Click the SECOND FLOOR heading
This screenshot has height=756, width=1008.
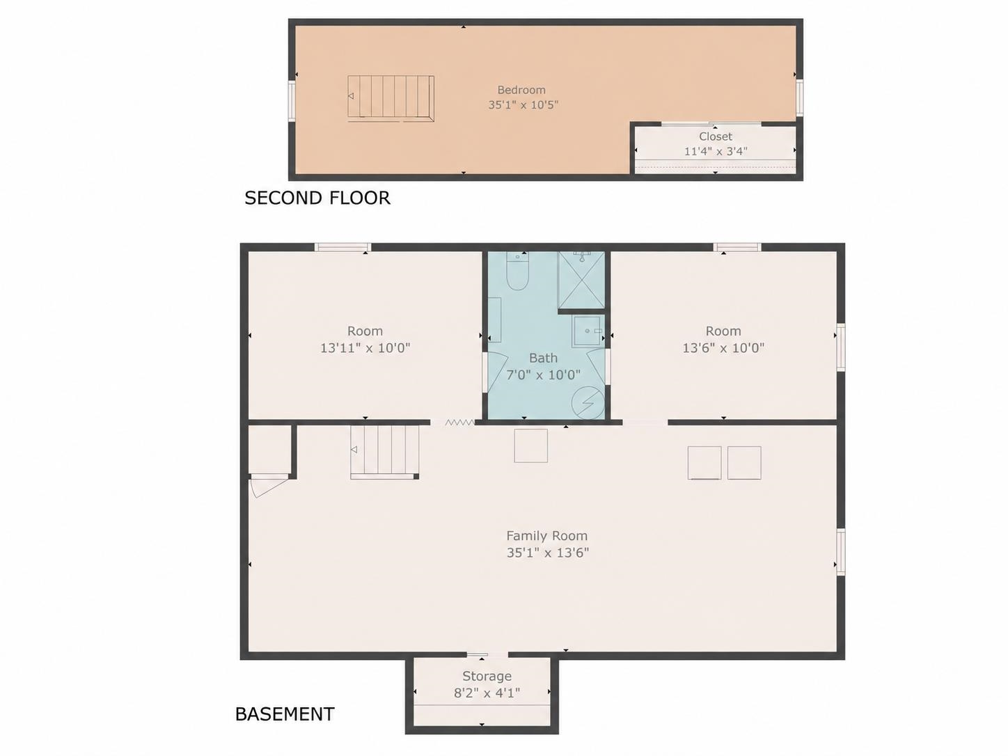317,198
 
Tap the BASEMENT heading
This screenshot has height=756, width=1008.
285,714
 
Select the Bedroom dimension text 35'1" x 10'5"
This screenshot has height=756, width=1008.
523,104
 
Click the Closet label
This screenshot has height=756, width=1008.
716,136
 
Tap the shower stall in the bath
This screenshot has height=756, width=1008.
581,280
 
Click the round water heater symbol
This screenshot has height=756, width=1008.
588,402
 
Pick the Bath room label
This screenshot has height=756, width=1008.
543,358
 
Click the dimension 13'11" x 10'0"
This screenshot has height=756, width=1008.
365,348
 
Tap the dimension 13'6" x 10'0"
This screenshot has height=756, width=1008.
723,348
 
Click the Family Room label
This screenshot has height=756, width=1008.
547,535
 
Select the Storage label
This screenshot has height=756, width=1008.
487,676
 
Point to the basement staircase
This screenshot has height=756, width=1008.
385,452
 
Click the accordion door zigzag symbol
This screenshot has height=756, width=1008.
459,423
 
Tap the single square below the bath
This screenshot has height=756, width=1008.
531,446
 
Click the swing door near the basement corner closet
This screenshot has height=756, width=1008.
269,487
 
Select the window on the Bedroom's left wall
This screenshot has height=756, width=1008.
292,101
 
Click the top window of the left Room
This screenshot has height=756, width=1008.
342,247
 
